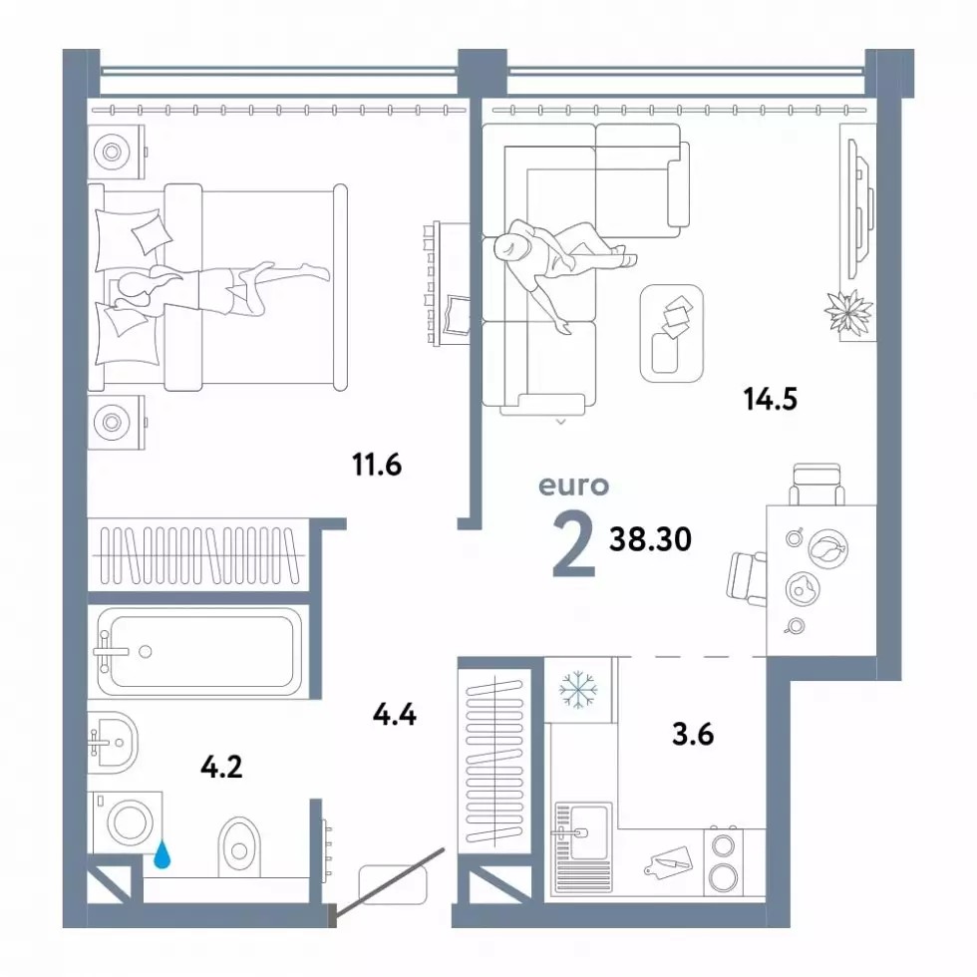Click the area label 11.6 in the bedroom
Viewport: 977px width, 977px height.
coord(377,465)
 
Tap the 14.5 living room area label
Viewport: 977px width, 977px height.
coord(770,399)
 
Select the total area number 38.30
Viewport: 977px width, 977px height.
coord(650,539)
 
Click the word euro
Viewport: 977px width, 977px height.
coord(574,487)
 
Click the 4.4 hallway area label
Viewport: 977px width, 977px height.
coord(395,714)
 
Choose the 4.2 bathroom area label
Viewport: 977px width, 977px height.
coord(221,767)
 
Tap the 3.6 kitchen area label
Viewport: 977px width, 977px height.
coord(693,734)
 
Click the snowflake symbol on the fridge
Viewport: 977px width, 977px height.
coord(578,690)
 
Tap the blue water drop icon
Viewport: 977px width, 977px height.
coord(163,855)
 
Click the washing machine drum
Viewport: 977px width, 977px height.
coord(131,822)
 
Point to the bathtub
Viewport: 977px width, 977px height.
coord(199,652)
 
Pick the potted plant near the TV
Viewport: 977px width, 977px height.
coord(848,311)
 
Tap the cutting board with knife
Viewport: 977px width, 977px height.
coord(668,862)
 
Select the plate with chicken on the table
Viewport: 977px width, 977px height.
coord(828,548)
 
